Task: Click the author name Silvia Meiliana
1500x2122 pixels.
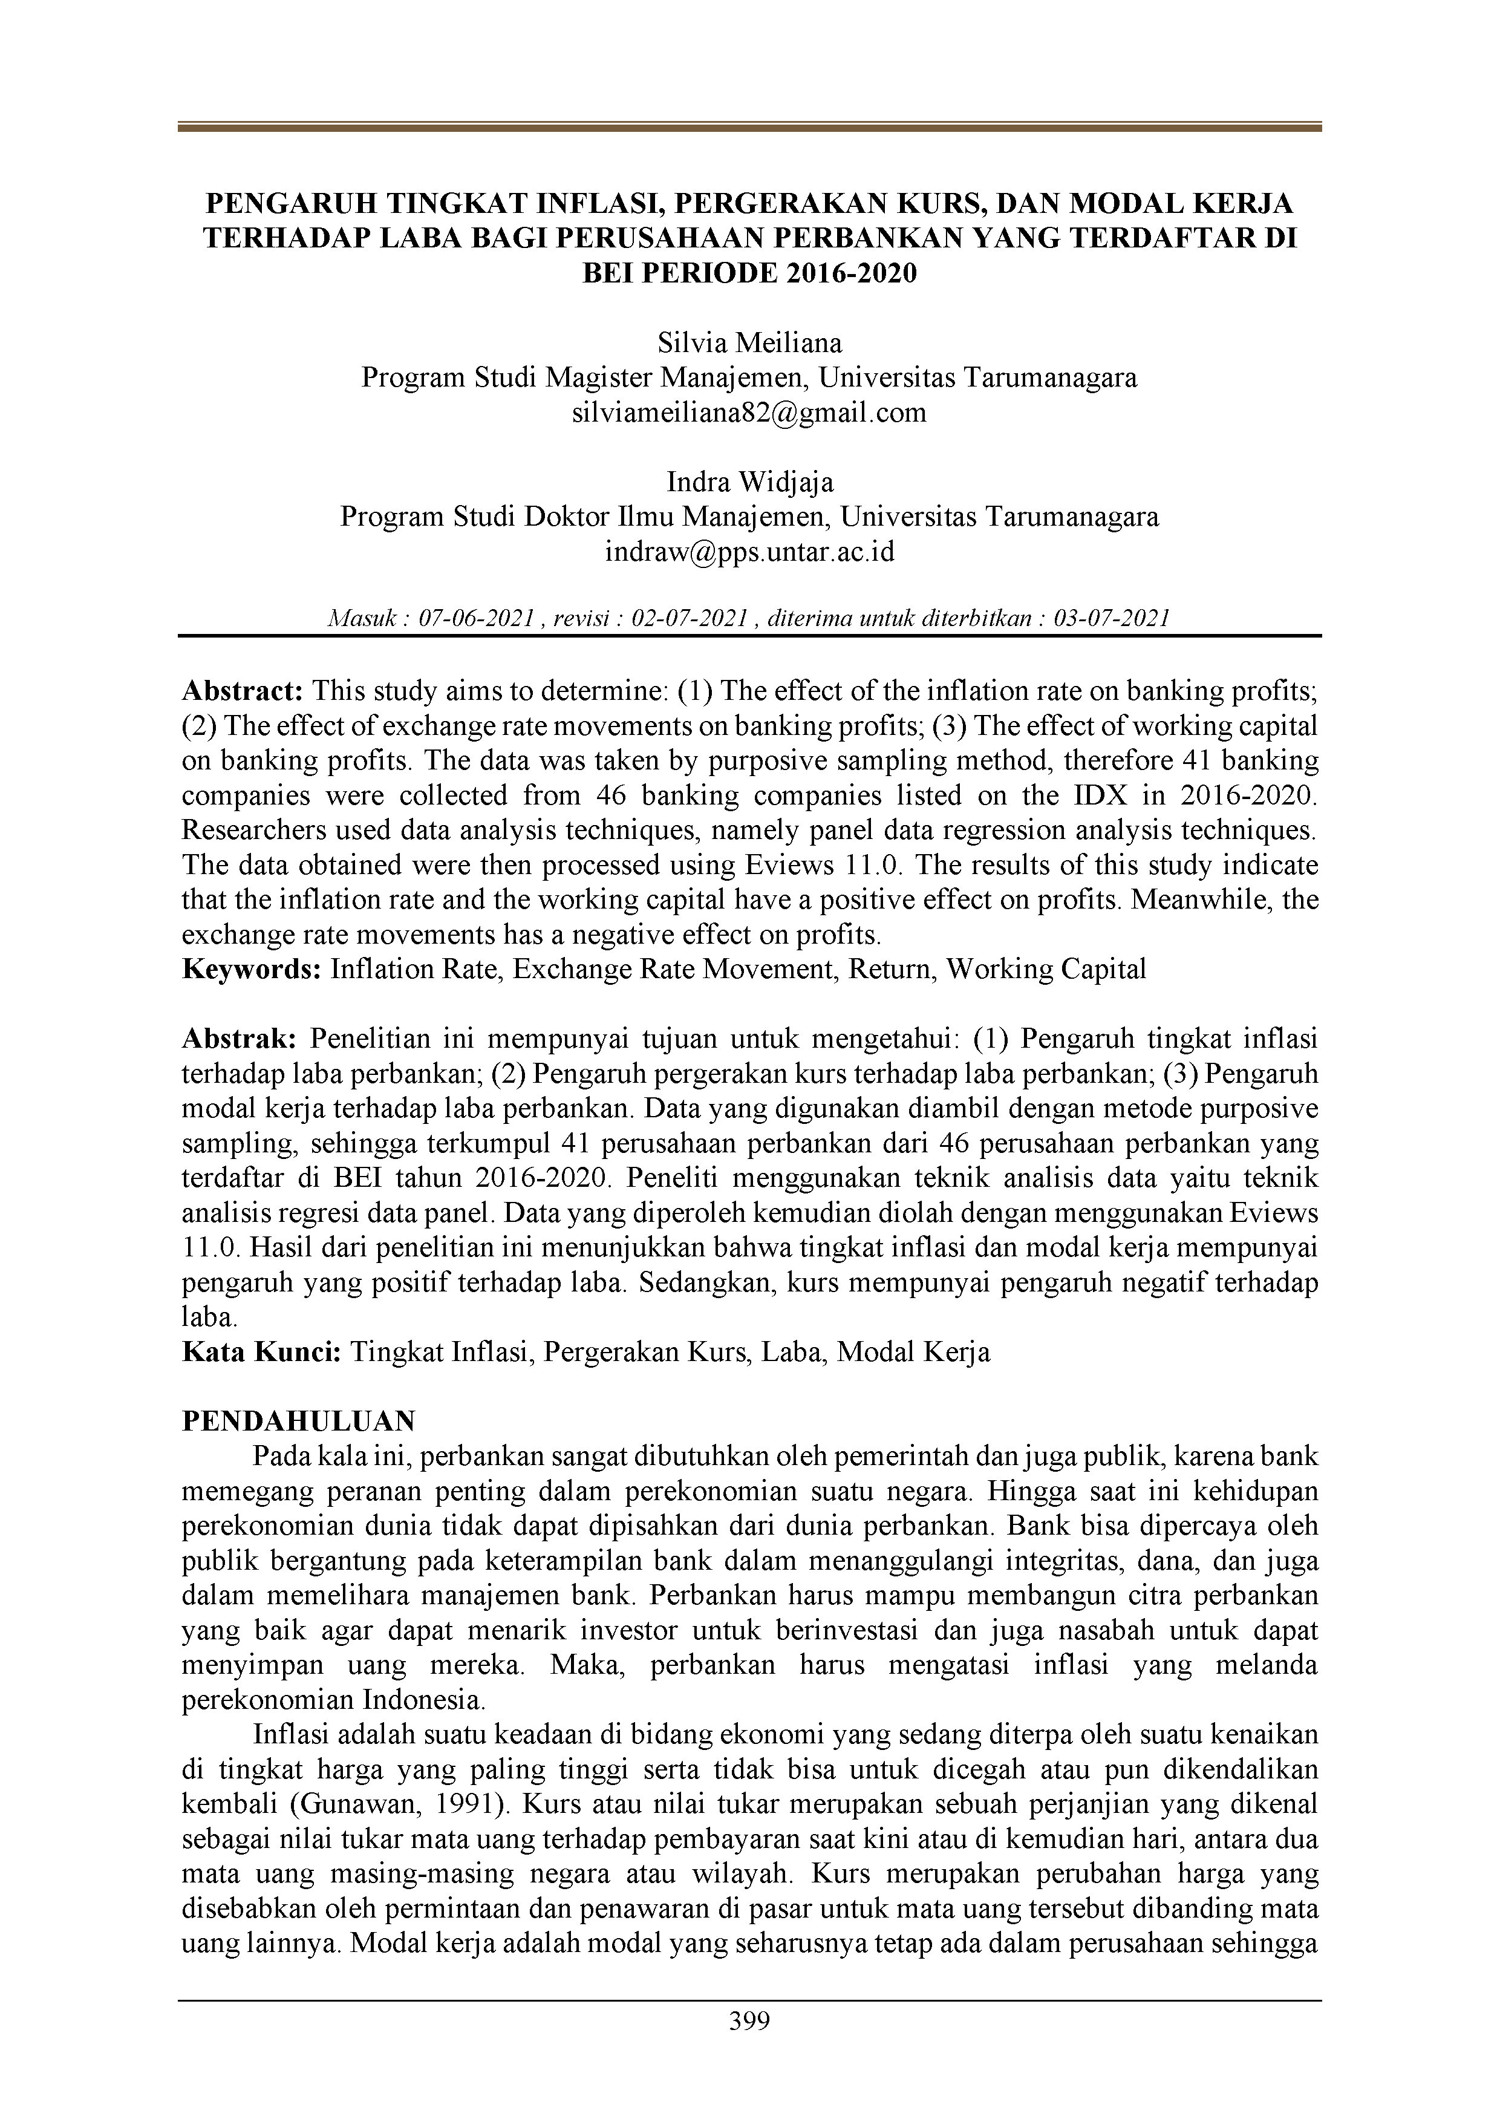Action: point(749,343)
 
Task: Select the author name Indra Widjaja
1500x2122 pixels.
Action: point(749,482)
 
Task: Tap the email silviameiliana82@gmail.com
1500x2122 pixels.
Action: point(749,412)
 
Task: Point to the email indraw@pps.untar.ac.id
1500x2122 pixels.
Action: point(749,552)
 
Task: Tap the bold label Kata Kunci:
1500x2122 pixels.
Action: point(262,1352)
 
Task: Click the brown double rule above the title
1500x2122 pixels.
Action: point(749,128)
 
